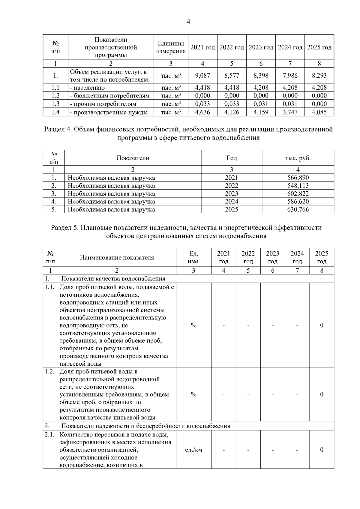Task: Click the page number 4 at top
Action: (x=188, y=22)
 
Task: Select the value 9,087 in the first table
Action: (x=202, y=76)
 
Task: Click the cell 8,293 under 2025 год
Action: (x=319, y=76)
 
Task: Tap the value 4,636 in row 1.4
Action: (x=202, y=112)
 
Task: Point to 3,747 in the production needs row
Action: (x=290, y=112)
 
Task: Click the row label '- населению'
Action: (x=87, y=88)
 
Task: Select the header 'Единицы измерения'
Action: (x=171, y=47)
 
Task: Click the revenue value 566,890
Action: (x=298, y=178)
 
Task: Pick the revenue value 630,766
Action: (x=298, y=210)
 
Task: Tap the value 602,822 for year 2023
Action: (x=298, y=194)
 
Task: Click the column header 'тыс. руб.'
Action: (x=298, y=158)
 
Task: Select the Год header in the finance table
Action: (x=232, y=158)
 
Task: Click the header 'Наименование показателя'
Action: (x=117, y=258)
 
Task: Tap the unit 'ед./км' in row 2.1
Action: (x=194, y=450)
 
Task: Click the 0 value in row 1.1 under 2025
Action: (x=322, y=325)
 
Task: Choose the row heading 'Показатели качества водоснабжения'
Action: (x=113, y=279)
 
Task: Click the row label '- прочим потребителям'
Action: (x=103, y=104)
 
